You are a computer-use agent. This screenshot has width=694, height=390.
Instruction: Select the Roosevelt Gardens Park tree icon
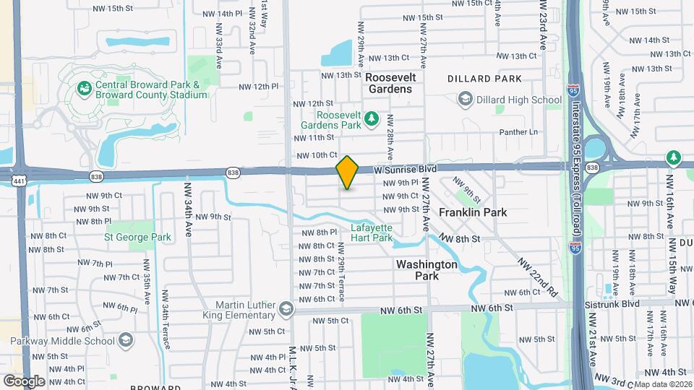point(371,118)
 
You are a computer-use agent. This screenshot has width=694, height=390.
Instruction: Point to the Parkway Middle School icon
point(126,340)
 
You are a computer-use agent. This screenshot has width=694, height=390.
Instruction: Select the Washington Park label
point(427,270)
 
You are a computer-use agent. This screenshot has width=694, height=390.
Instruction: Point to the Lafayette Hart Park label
point(372,233)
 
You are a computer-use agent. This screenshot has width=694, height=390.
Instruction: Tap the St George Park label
point(138,237)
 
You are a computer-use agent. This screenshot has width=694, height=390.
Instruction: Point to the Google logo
point(24,381)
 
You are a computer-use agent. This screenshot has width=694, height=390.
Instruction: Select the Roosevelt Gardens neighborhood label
point(388,82)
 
